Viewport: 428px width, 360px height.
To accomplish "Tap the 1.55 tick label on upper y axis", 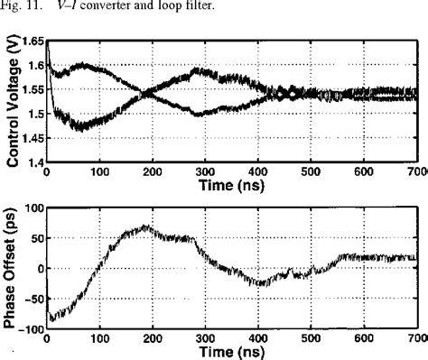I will coord(29,89).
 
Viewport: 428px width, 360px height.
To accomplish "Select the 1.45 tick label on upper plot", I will coord(29,137).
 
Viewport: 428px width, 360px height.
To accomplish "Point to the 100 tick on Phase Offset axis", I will coord(33,208).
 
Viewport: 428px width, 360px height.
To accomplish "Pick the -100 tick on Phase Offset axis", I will coord(29,329).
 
